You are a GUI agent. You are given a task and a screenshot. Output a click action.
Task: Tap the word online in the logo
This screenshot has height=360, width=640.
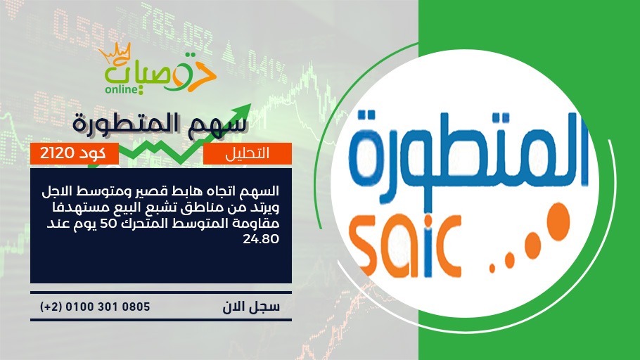tap(121, 89)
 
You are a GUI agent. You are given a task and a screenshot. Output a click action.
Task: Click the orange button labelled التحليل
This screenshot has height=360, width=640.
tap(248, 153)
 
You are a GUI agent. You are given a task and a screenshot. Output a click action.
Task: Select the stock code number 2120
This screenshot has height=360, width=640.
tap(57, 153)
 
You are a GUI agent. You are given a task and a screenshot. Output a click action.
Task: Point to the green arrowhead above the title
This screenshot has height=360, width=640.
tap(243, 111)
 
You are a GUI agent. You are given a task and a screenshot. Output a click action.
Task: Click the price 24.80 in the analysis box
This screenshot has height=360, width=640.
tap(261, 239)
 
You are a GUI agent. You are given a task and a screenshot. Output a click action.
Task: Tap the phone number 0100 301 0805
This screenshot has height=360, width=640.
tap(108, 307)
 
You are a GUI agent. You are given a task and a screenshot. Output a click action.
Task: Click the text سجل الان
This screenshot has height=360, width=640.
tap(251, 307)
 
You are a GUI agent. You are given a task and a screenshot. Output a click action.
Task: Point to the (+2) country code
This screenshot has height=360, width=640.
tap(51, 307)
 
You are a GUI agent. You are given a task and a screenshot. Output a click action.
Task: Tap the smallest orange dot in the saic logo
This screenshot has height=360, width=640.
tap(492, 268)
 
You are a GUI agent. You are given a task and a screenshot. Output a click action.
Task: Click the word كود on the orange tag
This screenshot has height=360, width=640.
tap(92, 153)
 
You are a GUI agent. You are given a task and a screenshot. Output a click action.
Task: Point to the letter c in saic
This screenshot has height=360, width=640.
tap(449, 249)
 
